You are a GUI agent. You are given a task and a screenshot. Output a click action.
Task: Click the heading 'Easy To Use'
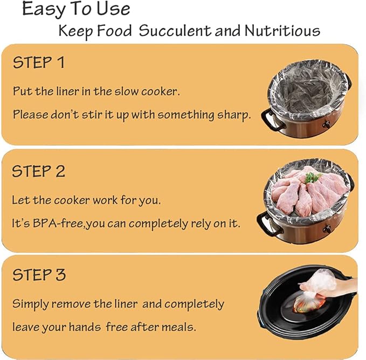tap(76, 9)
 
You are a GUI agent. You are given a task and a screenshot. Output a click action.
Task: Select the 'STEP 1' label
tap(39, 63)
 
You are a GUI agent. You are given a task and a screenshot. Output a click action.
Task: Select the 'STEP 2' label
tap(39, 172)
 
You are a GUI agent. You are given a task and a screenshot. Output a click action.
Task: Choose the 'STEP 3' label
tap(39, 275)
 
